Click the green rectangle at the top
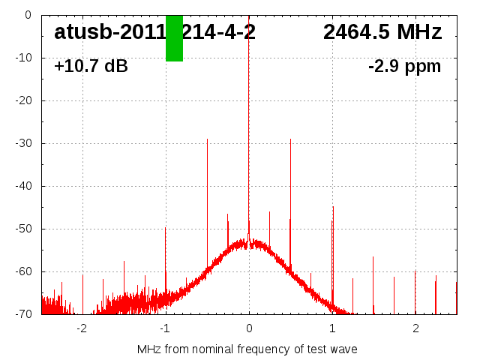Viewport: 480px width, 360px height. [x=174, y=38]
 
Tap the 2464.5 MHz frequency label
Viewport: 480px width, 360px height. [x=382, y=32]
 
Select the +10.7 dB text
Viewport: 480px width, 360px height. [x=91, y=67]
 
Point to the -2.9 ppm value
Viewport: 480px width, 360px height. [x=404, y=67]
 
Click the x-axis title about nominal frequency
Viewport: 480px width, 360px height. [x=247, y=349]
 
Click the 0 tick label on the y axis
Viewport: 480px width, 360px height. [x=27, y=15]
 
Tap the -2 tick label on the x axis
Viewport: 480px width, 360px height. [x=82, y=328]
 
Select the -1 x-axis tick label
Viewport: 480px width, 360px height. [x=165, y=328]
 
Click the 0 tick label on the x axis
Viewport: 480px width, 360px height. [x=249, y=328]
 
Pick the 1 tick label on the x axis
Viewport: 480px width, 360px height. [x=332, y=328]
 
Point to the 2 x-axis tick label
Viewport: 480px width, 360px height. [x=415, y=328]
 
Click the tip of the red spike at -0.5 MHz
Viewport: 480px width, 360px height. [x=207, y=139]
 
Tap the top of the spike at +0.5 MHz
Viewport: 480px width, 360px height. [x=290, y=139]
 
